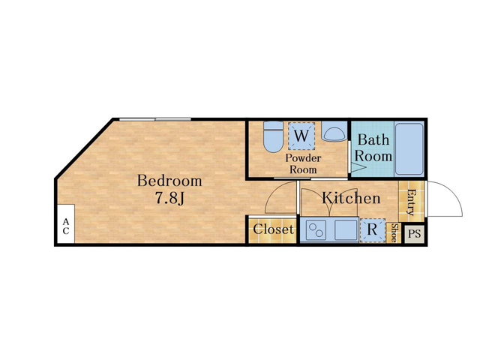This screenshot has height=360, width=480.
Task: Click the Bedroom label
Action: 169,181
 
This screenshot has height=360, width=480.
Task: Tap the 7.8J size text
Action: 170,198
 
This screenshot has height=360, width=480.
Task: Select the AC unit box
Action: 66,223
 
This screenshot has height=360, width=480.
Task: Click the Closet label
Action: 273,229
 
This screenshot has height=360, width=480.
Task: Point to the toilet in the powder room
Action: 273,136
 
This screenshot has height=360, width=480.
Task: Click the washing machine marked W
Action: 301,136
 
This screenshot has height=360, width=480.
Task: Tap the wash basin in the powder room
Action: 334,132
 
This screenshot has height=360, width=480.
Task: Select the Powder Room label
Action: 303,163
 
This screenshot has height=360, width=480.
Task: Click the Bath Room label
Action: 373,148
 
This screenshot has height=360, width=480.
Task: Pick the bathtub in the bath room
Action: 409,148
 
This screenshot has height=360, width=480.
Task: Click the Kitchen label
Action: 351,198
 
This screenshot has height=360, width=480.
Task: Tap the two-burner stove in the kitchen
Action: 316,230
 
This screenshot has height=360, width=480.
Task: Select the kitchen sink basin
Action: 346,230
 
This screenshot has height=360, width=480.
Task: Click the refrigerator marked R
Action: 372,230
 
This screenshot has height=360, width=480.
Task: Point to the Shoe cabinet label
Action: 395,232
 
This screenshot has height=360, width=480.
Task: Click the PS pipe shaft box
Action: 415,234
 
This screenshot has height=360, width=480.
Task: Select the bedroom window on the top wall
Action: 155,119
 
